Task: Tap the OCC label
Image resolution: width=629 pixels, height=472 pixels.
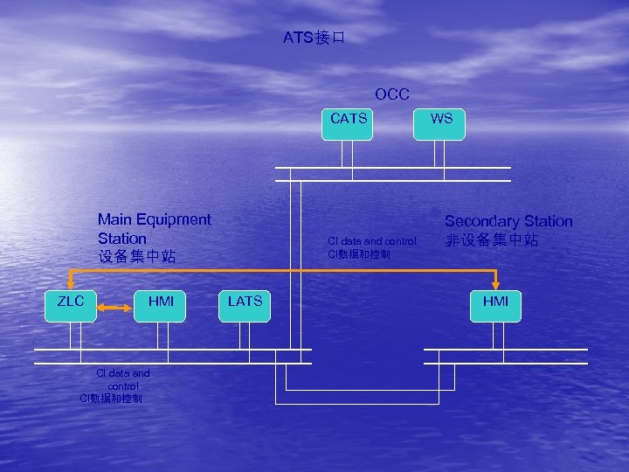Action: click(392, 94)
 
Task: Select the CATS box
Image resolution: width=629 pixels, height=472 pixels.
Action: click(349, 123)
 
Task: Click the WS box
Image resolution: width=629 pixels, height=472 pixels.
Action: click(441, 123)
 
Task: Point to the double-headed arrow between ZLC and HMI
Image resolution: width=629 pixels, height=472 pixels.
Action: click(115, 308)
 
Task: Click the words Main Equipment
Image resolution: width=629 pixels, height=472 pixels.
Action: click(154, 219)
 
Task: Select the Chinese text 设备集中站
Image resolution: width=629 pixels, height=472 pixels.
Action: click(137, 257)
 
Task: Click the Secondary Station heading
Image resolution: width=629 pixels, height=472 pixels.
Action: click(508, 221)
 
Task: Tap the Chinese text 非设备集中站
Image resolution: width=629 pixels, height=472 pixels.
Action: click(492, 239)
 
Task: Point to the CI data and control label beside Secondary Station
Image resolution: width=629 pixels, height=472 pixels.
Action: click(372, 241)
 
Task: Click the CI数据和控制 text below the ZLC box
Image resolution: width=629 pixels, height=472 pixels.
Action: click(111, 398)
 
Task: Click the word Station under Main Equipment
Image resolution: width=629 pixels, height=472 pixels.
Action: click(122, 239)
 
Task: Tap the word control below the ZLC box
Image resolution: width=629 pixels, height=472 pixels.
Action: click(122, 385)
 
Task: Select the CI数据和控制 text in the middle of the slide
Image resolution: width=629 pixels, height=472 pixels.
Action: click(359, 253)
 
